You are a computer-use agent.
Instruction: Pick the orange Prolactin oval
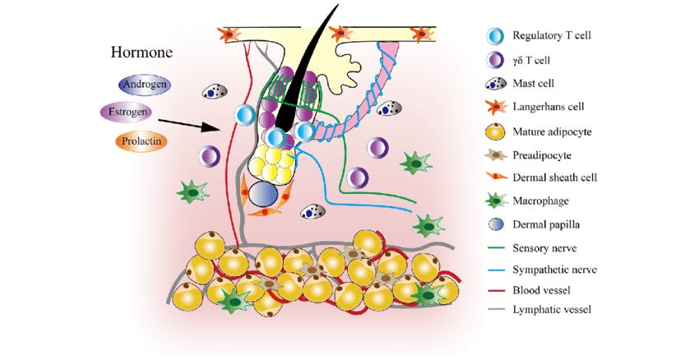click(x=141, y=140)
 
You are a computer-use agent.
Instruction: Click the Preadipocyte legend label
click(x=542, y=153)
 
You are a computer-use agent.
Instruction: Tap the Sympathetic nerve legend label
click(x=554, y=269)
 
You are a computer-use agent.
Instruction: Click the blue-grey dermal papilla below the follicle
click(x=262, y=196)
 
